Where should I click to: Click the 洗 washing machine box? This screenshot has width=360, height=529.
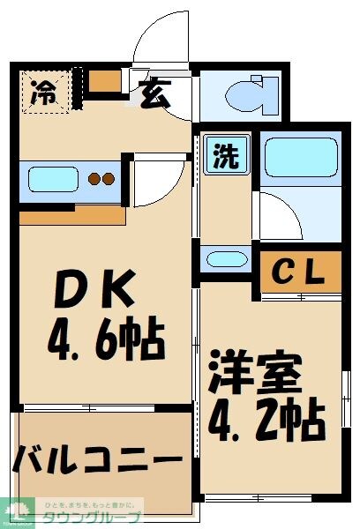(227, 157)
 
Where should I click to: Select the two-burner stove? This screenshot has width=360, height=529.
(101, 180)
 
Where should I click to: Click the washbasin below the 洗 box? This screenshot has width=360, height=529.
(226, 259)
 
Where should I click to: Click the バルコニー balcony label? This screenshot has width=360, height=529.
(98, 460)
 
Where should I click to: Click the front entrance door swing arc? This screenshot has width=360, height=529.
(158, 40)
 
